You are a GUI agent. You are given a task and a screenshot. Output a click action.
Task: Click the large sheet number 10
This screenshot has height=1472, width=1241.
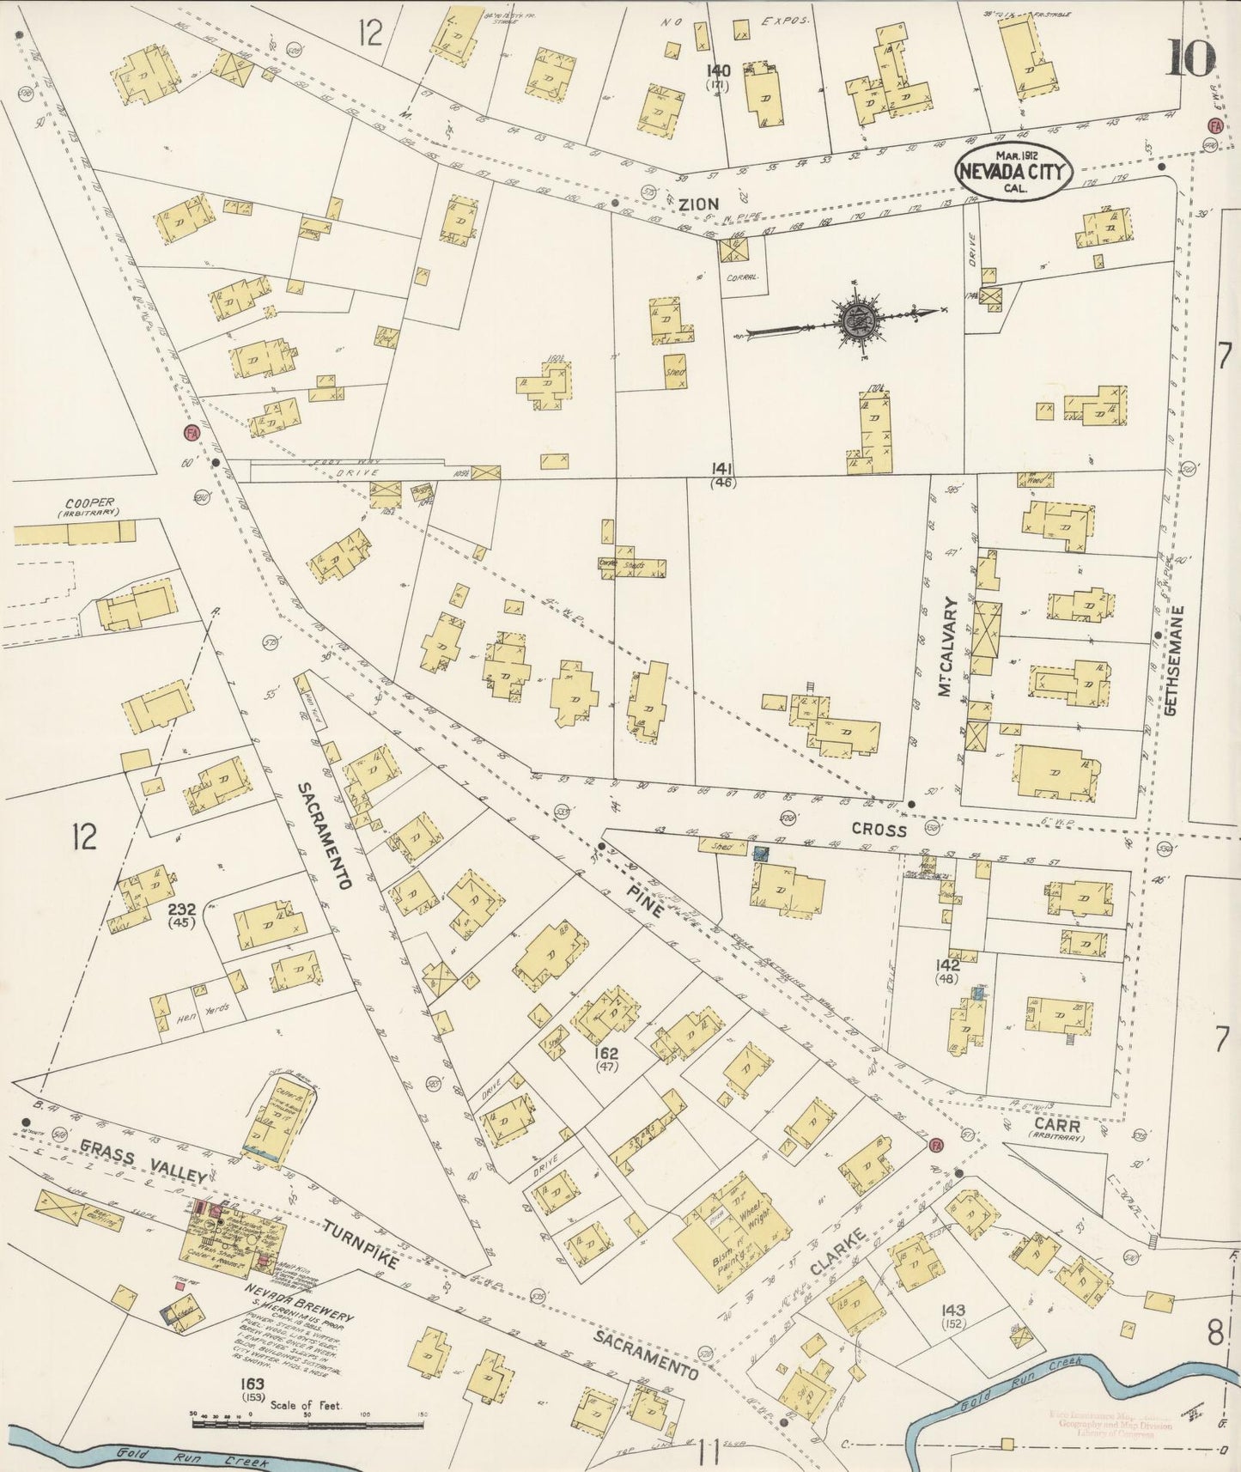pyautogui.click(x=1190, y=58)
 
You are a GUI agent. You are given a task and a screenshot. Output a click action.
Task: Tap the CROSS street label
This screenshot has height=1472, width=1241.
pyautogui.click(x=879, y=830)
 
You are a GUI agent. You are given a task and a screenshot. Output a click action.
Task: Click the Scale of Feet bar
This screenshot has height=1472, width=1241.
pyautogui.click(x=308, y=1423)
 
